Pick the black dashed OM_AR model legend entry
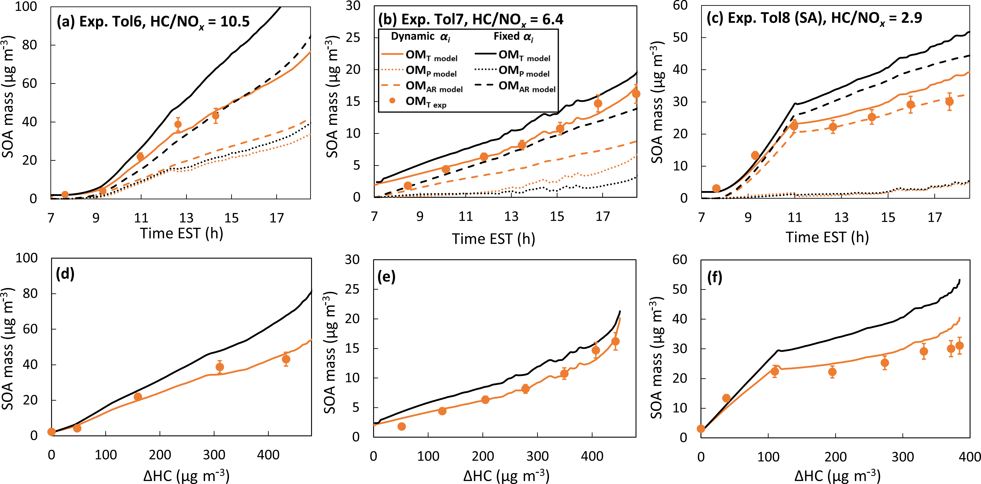pyautogui.click(x=515, y=86)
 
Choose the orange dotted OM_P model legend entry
pyautogui.click(x=419, y=71)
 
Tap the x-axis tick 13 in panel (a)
pyautogui.click(x=186, y=218)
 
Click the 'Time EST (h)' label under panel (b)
pyautogui.click(x=494, y=239)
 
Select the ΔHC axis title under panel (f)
pyautogui.click(x=837, y=476)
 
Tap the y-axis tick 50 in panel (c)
pyautogui.click(x=680, y=38)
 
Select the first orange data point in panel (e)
pyautogui.click(x=401, y=426)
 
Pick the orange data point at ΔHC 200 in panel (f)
pyautogui.click(x=832, y=372)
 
